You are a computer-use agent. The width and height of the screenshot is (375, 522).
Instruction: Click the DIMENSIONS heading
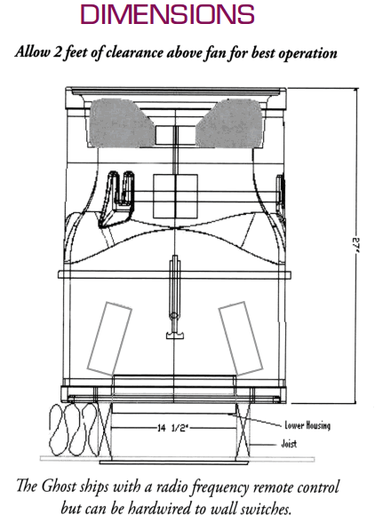coord(167,14)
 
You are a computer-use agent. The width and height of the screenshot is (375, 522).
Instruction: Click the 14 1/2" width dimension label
coord(172,428)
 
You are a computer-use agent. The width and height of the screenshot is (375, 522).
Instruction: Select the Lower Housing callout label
coord(307,425)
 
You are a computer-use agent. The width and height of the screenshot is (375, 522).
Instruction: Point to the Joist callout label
coord(289,444)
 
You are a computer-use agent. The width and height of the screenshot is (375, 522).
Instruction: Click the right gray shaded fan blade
coord(229,123)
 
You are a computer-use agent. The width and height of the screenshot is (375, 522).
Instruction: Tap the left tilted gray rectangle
coord(109,338)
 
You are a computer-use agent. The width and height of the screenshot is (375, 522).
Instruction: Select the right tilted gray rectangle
coord(241,338)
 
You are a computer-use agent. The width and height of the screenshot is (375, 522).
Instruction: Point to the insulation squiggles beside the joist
coord(72,430)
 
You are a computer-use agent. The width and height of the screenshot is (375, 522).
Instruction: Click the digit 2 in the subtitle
coord(57,52)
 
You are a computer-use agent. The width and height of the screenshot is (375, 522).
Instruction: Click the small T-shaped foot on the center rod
coord(175,336)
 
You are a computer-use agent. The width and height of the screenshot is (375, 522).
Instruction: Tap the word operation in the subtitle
coord(307,54)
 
